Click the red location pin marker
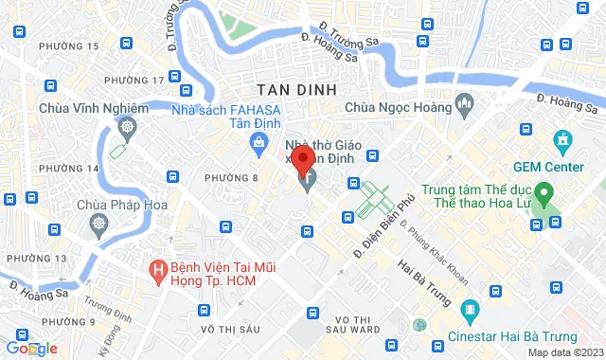coord(302,158)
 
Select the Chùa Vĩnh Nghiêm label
coord(94,108)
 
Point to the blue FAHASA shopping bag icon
coord(258,142)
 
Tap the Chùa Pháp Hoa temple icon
coord(100,225)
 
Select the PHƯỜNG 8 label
coord(231,177)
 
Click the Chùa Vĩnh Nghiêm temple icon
coord(127,126)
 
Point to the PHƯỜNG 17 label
coord(127,80)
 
